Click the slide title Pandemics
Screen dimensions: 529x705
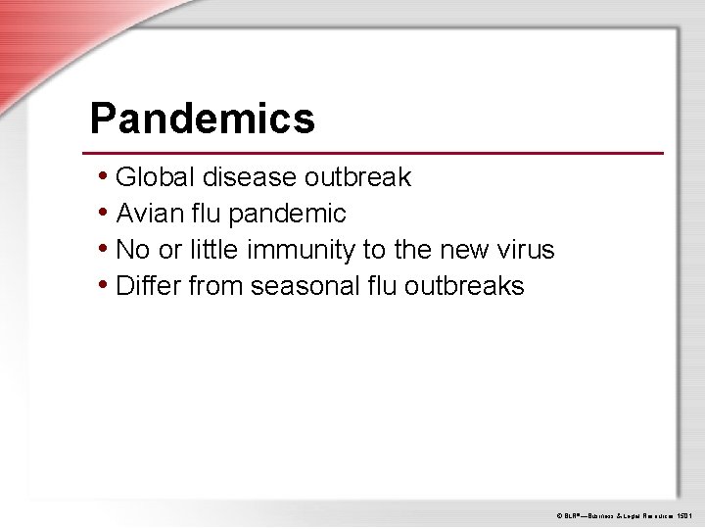[202, 120]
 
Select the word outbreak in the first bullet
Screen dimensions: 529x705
[358, 177]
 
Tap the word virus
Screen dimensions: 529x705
[526, 250]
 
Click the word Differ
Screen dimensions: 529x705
[148, 286]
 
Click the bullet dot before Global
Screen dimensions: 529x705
[104, 176]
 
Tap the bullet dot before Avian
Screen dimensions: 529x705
[104, 213]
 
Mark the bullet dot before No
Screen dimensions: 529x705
[104, 249]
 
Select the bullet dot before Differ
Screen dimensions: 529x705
[104, 285]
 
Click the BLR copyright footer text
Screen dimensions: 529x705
[625, 514]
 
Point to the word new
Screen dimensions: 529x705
[460, 250]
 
